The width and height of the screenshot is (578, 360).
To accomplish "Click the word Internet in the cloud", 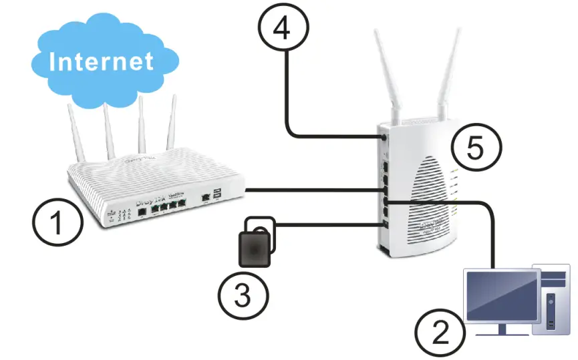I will coord(102,61).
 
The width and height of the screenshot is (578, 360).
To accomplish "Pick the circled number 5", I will coord(474,148).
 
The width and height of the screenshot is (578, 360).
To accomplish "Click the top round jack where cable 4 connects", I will coord(383,138).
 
